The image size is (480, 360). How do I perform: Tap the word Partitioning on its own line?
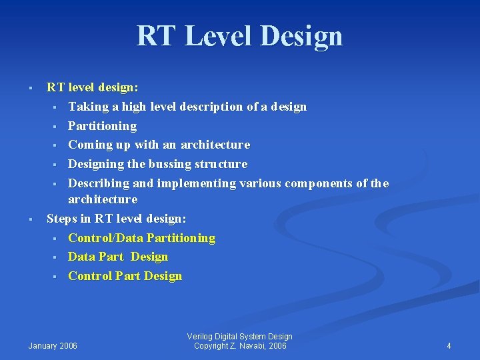(102, 125)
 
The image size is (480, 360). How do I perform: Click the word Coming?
(90, 145)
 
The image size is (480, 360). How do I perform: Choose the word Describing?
(100, 183)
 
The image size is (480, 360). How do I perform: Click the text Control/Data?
(105, 237)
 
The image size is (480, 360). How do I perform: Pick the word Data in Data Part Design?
(81, 257)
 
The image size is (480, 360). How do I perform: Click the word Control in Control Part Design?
(89, 276)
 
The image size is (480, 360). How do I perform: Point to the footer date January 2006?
(53, 345)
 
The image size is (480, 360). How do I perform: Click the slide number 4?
(449, 345)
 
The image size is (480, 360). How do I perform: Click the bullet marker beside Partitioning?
(58, 126)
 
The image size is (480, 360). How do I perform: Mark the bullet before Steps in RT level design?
(31, 219)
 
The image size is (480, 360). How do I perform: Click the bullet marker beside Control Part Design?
(58, 277)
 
